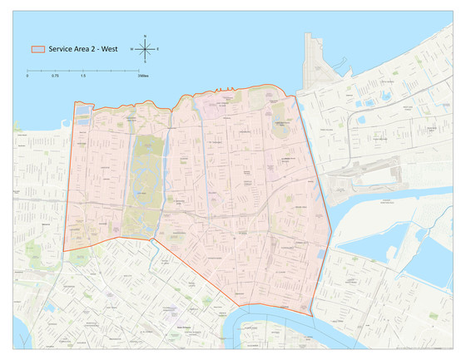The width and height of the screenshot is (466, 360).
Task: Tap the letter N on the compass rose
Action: pyautogui.click(x=145, y=37)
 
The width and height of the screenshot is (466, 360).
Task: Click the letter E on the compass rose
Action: pyautogui.click(x=158, y=50)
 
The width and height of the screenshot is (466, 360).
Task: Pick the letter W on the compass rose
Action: pyautogui.click(x=131, y=50)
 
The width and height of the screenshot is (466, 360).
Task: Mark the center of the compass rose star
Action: pyautogui.click(x=145, y=50)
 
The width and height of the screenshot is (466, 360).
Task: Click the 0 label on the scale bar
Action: pyautogui.click(x=27, y=76)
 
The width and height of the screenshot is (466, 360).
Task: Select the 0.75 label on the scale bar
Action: pyautogui.click(x=55, y=76)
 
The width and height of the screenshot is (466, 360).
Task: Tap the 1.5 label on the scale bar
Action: pyautogui.click(x=82, y=76)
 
